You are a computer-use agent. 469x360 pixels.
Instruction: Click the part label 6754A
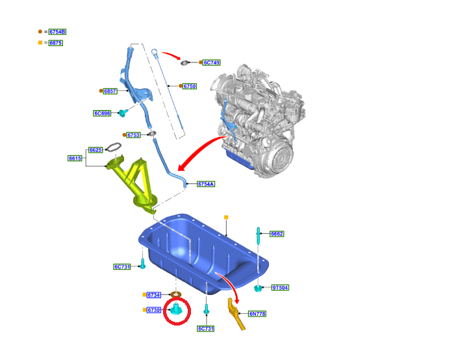click(x=206, y=184)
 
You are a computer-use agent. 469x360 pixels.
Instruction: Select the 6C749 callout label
click(x=212, y=62)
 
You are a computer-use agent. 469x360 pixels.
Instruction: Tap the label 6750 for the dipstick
click(x=190, y=86)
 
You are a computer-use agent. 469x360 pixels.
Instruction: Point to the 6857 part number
click(x=110, y=91)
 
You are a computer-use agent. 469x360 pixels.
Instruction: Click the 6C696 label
click(x=102, y=113)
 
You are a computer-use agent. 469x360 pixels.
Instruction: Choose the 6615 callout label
click(x=75, y=159)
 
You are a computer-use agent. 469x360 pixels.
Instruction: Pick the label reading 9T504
click(x=280, y=288)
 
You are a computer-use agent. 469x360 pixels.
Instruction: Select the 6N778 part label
click(x=257, y=314)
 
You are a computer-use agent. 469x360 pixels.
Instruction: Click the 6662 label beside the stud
click(x=277, y=234)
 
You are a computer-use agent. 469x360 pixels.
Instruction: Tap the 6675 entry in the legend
click(x=56, y=43)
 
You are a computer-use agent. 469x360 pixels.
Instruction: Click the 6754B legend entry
click(x=57, y=32)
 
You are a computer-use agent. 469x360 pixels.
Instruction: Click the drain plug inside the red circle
click(x=177, y=310)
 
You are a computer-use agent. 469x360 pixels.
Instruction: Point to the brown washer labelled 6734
click(x=176, y=295)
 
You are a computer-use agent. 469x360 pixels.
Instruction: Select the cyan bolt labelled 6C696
click(x=123, y=113)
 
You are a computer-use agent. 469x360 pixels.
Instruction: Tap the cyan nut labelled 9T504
click(x=258, y=288)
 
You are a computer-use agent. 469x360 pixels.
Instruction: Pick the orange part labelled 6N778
click(x=236, y=315)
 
